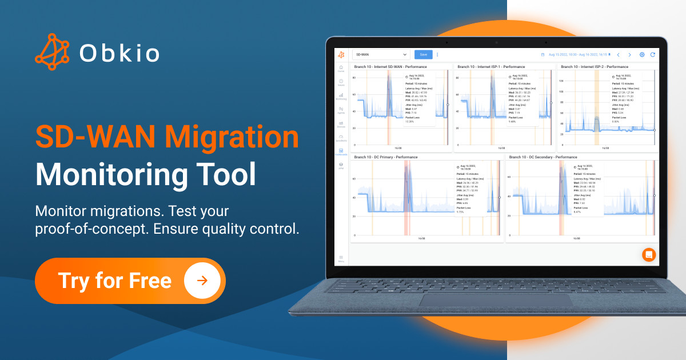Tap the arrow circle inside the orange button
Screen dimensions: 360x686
pos(201,281)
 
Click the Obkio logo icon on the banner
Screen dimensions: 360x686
pos(52,51)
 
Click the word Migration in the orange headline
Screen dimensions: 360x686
pos(232,137)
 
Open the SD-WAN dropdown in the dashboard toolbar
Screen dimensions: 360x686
pos(381,55)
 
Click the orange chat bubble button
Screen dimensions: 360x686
pos(648,254)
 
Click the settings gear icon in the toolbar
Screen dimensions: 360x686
pos(642,55)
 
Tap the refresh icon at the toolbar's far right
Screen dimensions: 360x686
pos(652,55)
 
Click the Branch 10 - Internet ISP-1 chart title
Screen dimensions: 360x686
pos(489,67)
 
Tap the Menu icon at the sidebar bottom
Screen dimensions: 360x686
pos(341,258)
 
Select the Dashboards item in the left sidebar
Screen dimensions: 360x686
pos(341,152)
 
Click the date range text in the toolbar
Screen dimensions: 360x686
pos(577,55)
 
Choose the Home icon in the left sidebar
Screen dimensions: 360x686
pos(341,69)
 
